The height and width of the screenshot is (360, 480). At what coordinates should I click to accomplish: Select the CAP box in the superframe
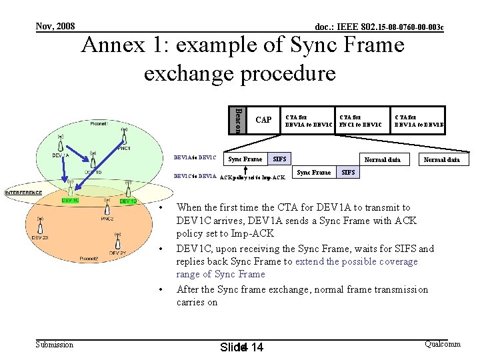[263, 120]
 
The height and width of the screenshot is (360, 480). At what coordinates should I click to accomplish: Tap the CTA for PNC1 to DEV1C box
[362, 120]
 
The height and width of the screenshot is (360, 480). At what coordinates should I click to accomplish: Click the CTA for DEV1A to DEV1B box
[419, 120]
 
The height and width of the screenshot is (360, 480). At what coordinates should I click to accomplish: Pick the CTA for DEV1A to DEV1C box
[307, 120]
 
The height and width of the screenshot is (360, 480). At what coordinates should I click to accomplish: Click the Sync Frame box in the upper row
[245, 159]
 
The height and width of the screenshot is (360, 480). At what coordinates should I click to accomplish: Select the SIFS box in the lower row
[348, 173]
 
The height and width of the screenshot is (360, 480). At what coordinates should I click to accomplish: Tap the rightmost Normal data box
[442, 159]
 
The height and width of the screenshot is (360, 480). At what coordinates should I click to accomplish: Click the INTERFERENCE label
[23, 193]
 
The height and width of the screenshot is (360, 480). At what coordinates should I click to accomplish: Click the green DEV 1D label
[128, 201]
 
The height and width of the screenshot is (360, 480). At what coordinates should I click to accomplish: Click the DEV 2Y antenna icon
[118, 236]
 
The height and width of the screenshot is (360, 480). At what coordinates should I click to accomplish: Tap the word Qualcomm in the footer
[442, 343]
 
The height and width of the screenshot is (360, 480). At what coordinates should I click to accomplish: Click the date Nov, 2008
[55, 26]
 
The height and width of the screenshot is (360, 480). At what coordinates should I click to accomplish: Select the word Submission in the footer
[54, 344]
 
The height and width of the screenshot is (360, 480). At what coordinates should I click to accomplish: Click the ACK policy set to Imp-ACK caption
[253, 178]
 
